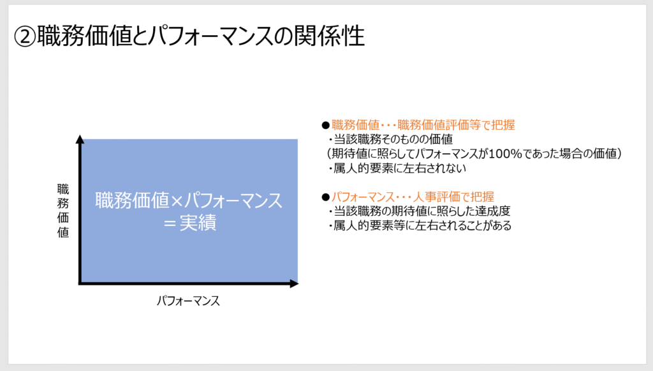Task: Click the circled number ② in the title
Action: tap(25, 36)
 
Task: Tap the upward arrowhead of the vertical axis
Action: tap(80, 139)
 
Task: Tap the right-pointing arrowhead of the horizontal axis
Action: tap(294, 284)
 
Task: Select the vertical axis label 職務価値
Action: tap(63, 211)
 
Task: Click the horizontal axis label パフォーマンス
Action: tap(188, 301)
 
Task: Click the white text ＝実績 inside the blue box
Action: tap(189, 223)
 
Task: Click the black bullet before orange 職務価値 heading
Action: tap(326, 125)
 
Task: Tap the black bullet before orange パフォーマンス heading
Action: tap(326, 197)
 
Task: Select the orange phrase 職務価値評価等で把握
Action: tap(456, 125)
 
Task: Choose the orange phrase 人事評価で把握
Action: tap(453, 197)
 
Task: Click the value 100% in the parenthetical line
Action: tap(505, 153)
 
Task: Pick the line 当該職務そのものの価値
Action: tap(393, 139)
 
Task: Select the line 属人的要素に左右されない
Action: tap(400, 168)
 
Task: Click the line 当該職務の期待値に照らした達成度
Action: tap(422, 211)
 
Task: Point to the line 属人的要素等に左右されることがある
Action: tap(422, 225)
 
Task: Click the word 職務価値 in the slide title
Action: tap(85, 35)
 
